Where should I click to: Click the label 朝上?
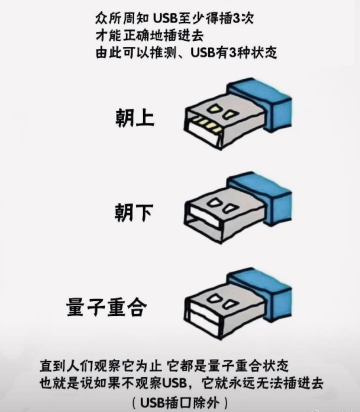[134, 119]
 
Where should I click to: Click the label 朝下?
[134, 213]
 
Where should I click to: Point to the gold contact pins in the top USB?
[209, 124]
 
